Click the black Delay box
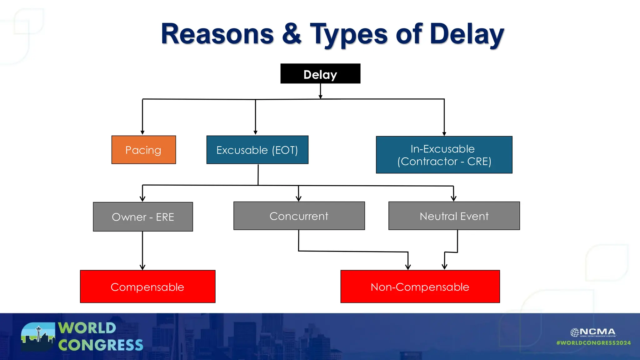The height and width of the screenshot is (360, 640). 320,74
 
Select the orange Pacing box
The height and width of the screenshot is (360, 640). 143,150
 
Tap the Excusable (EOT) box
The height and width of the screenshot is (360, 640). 257,150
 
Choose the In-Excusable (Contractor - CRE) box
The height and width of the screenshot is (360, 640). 444,155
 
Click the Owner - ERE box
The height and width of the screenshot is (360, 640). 143,217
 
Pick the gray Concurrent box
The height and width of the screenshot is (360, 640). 299,216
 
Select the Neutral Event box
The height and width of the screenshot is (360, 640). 454,216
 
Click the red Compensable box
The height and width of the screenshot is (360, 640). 147,287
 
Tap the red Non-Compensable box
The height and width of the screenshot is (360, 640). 420,287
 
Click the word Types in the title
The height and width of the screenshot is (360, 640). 349,34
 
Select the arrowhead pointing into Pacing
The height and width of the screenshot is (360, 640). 142,132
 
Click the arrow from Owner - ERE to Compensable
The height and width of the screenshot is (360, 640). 142,250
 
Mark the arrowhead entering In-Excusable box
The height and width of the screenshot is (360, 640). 444,134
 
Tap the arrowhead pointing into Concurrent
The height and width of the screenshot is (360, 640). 298,199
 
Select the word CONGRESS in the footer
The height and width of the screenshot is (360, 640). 101,345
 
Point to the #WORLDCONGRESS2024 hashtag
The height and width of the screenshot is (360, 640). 593,343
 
